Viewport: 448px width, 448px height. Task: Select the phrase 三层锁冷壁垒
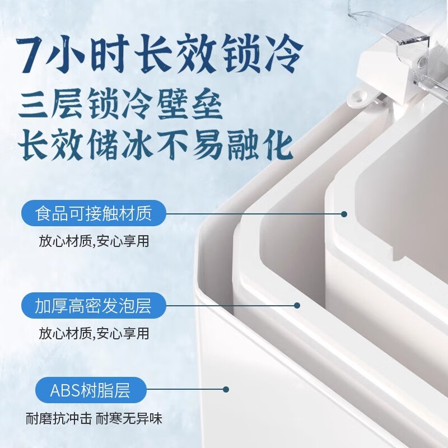coord(120,105)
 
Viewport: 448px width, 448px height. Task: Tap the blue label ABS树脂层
coord(84,390)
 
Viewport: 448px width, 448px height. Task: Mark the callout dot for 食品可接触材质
coord(344,214)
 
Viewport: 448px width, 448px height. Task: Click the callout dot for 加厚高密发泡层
coord(297,306)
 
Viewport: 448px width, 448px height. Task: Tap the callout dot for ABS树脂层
coord(226,389)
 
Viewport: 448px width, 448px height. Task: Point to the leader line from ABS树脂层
coord(185,389)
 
